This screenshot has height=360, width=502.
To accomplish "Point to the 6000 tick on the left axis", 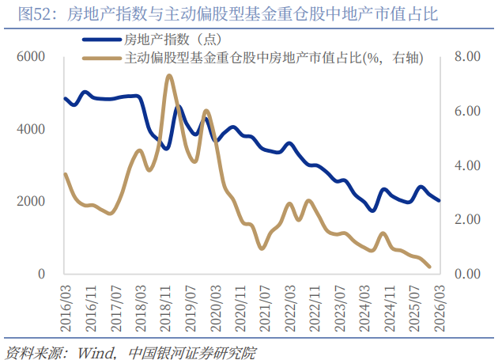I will coord(32,57).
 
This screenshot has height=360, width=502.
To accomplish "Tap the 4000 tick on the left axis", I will coord(32,129).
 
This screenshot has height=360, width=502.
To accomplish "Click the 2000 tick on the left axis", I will coord(32,202).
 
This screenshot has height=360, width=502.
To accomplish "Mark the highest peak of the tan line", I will coord(169,76).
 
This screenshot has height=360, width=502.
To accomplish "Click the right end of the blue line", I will coord(440,200).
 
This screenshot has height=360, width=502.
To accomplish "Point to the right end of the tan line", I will coord(429,267).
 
